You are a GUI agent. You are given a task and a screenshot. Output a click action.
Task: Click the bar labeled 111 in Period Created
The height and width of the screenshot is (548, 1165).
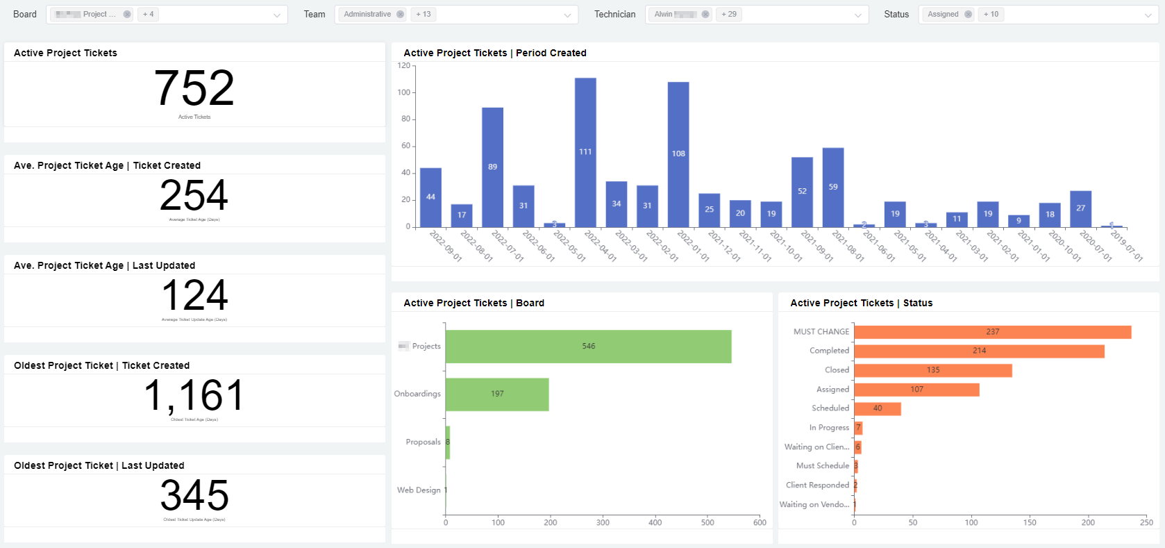pos(585,152)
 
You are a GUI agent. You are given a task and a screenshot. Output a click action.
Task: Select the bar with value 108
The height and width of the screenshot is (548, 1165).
pos(678,154)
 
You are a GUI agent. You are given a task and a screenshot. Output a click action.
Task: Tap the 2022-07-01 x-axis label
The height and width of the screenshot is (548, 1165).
pos(507,246)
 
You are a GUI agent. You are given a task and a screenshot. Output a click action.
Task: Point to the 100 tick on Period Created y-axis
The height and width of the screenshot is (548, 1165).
pos(404,92)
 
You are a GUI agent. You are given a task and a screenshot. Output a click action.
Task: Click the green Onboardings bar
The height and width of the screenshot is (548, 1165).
pos(497,394)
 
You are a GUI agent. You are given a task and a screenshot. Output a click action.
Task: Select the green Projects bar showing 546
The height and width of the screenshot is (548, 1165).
pos(588,346)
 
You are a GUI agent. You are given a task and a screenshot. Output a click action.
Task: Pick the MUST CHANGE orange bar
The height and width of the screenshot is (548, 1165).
pos(992,332)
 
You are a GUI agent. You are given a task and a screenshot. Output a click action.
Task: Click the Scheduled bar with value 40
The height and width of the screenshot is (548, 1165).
pos(877,408)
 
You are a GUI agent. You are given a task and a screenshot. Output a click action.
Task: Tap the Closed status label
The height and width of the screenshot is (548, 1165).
pos(837,370)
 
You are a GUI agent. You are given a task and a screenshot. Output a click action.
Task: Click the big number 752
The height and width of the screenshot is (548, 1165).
pos(194,88)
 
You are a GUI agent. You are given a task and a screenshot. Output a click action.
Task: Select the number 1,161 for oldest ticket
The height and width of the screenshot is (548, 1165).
pos(194,396)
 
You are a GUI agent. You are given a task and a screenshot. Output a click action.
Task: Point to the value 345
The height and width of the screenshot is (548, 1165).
pos(194,495)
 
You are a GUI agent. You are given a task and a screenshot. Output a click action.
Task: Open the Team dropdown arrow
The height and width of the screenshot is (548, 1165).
pos(567,15)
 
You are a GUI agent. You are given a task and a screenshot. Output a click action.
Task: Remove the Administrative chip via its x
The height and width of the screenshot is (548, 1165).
pos(401,14)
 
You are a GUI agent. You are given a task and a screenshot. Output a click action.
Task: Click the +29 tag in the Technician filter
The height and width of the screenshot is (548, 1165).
pos(728,14)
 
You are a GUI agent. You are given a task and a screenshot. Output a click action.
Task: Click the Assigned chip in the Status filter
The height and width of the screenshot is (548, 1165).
pos(943,14)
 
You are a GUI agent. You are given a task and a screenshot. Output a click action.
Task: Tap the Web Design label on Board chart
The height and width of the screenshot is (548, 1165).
pos(419,490)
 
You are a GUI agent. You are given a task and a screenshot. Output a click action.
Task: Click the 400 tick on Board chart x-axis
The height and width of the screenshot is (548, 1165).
pos(655,522)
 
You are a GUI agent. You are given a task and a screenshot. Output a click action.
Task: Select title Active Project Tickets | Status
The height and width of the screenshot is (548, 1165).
pos(861,303)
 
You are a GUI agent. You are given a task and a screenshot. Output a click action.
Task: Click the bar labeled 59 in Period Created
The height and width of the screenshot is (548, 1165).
pos(833,187)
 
